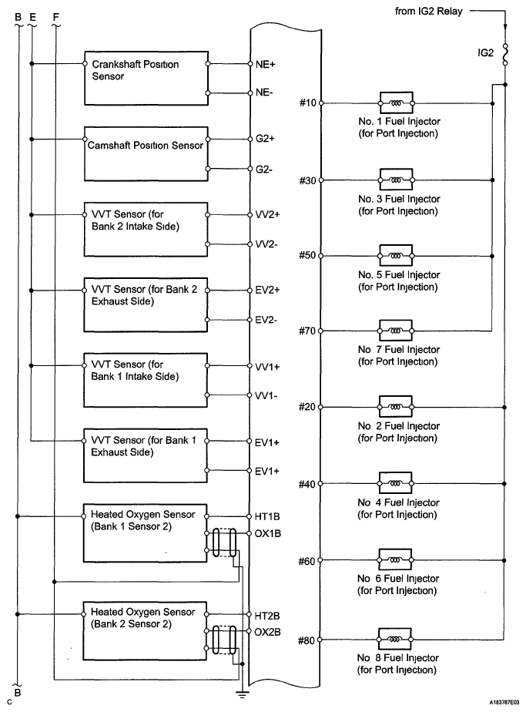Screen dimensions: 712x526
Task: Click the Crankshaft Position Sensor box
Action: tap(146, 79)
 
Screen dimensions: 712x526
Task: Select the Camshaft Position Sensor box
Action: tap(146, 153)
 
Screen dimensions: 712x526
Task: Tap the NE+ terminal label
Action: tap(266, 65)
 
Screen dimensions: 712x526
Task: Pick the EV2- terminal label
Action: tap(266, 318)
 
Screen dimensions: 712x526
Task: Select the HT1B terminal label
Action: tap(267, 516)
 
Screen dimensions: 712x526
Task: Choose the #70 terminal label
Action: tap(307, 331)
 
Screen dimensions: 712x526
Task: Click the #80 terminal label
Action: tap(307, 640)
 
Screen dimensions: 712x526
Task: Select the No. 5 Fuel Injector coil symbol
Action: tap(396, 255)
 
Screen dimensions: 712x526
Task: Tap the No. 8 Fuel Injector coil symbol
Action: tap(396, 640)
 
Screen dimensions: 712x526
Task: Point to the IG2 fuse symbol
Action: tap(504, 54)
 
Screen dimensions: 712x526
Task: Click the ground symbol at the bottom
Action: tap(243, 694)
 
